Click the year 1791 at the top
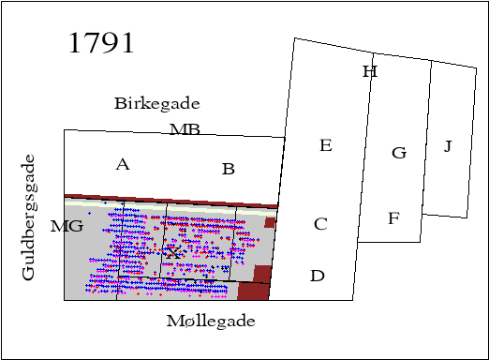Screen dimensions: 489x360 101,43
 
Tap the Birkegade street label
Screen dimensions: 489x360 156,103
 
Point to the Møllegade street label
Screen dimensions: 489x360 211,321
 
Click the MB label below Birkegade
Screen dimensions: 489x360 185,129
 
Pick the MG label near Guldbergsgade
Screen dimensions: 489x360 67,226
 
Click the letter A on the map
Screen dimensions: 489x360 122,165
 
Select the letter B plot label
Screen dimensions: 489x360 228,169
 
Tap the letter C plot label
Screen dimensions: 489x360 320,224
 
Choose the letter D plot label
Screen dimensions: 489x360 318,276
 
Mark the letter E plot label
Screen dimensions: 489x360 326,145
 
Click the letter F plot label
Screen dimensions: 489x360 393,219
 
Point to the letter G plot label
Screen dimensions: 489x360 399,153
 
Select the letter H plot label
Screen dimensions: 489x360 369,72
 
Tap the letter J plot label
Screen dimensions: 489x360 448,146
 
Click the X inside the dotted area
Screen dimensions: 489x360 172,252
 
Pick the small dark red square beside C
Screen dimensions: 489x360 270,223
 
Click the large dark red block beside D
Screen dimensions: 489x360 255,283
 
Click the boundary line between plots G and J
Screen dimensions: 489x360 427,136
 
